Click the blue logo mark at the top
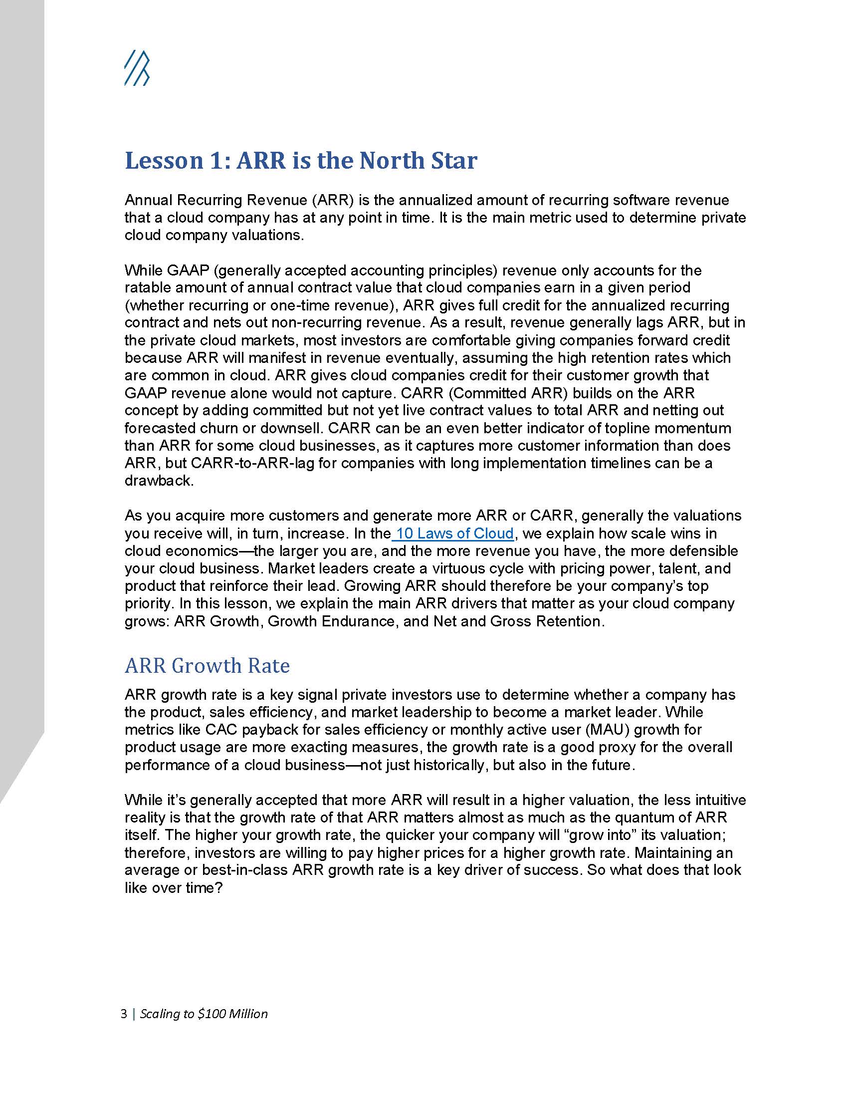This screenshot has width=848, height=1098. (137, 68)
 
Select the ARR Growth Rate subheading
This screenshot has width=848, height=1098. (207, 666)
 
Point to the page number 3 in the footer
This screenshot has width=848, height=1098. (124, 1014)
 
